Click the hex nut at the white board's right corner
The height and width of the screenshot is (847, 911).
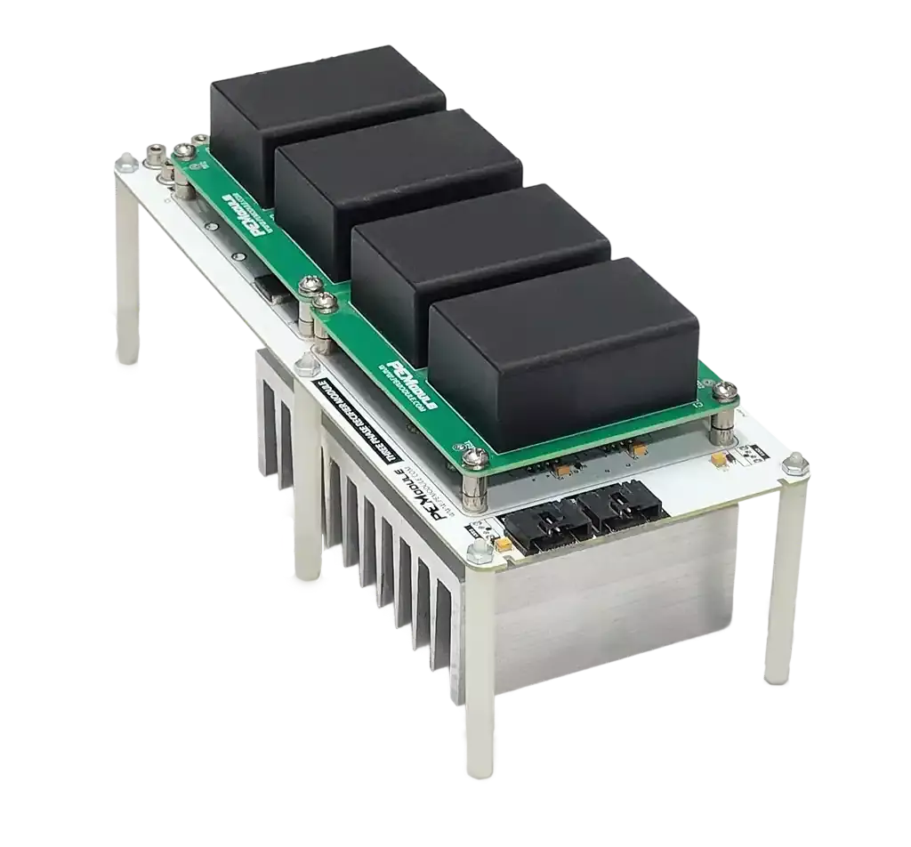pos(794,462)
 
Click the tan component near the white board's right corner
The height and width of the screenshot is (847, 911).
pos(717,461)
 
